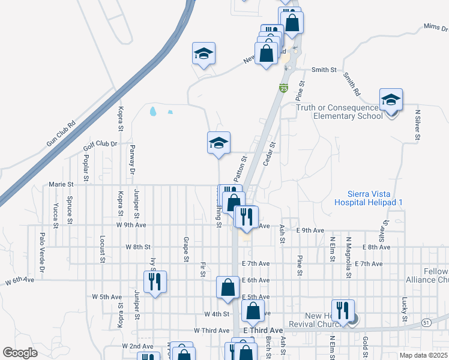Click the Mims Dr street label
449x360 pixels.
point(436,27)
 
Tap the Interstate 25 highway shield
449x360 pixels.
point(282,89)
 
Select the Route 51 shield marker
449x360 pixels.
point(426,323)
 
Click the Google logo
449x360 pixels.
point(20,353)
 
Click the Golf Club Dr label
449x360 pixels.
point(99,145)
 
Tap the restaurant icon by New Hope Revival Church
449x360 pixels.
point(343,310)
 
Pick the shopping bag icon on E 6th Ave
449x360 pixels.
point(229,287)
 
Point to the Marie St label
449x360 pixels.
point(61,184)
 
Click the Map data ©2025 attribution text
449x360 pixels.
point(423,355)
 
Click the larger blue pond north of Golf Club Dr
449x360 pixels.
point(153,111)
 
